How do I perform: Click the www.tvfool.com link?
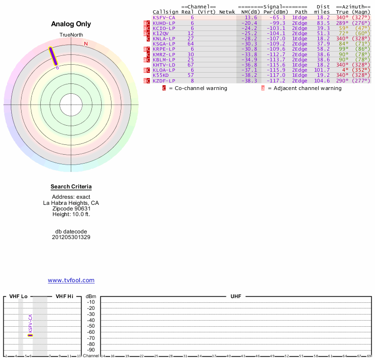coord(71,280)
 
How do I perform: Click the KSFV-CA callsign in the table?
coord(164,17)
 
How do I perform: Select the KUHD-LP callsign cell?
coord(164,23)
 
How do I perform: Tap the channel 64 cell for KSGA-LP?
coord(191,44)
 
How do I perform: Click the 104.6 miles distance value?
coord(323,81)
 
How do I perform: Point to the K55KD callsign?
coord(161,75)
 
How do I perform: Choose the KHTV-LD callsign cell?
coord(164,65)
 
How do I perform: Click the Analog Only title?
coord(71,24)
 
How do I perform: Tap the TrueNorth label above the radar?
coord(71,35)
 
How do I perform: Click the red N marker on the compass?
coord(86,44)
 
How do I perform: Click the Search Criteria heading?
coord(71,187)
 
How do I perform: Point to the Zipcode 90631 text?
coord(71,209)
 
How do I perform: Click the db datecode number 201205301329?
coord(71,237)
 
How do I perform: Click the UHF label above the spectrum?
coord(235,297)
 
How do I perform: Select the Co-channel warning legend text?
coord(198,88)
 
